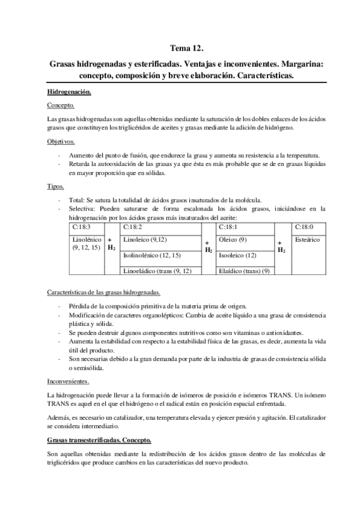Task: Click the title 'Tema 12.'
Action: point(180,49)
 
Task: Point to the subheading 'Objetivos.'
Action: point(61,141)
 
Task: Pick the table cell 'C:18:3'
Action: point(81,228)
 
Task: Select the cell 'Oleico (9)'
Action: point(231,240)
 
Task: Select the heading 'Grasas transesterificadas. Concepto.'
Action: point(99,440)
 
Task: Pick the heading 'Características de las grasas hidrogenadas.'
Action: point(103,292)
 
